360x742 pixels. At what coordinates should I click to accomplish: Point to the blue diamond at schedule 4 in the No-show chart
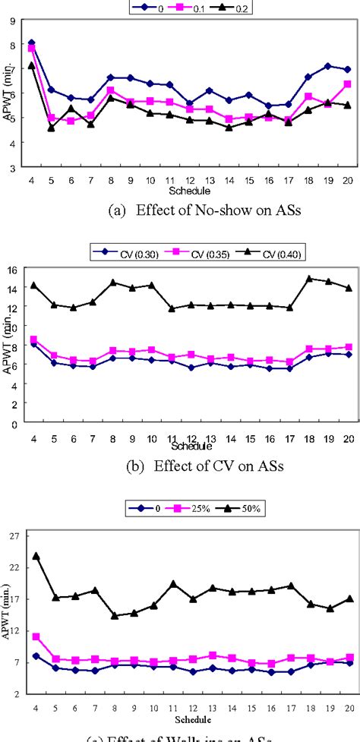click(x=31, y=43)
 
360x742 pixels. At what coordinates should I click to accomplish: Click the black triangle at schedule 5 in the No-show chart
click(x=51, y=128)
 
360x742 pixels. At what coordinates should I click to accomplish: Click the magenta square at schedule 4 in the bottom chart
click(x=36, y=636)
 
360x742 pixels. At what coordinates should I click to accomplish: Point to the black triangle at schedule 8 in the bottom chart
click(x=115, y=615)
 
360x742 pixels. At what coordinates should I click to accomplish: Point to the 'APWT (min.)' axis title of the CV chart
click(x=7, y=348)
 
